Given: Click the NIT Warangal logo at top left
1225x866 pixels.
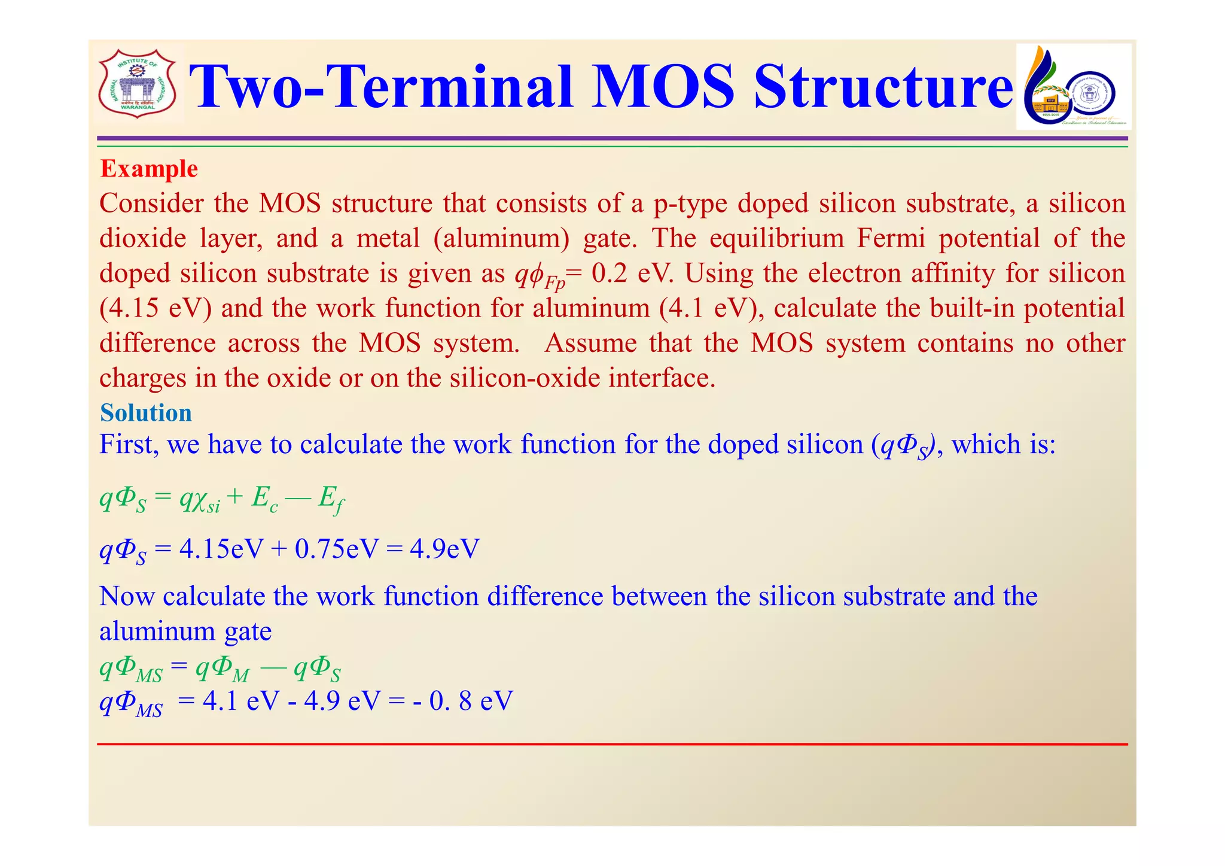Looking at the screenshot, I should (x=137, y=84).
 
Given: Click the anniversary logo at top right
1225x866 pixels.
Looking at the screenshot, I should (x=1073, y=87).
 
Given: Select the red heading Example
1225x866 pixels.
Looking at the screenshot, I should (x=149, y=169).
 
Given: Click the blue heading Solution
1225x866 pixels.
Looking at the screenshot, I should (x=146, y=413).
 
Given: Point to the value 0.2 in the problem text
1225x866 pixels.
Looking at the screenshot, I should (x=610, y=274).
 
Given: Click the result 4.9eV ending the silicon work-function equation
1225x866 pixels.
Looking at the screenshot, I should (x=444, y=549).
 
